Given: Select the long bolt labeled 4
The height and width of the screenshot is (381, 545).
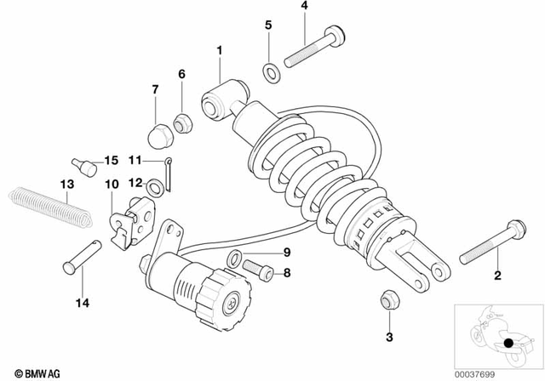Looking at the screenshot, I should click(313, 48).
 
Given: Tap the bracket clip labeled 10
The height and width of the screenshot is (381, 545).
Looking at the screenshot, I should click(130, 216).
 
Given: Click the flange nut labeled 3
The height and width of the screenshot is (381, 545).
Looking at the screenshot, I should click(387, 299).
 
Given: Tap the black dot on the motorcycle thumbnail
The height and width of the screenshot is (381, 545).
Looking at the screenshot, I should click(510, 344).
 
